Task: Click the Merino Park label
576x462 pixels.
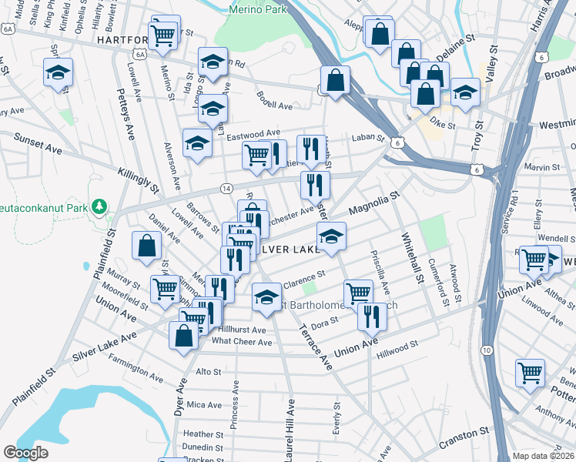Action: (258, 8)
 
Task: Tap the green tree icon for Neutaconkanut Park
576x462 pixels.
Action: (99, 206)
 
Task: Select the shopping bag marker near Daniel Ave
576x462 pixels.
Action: (146, 246)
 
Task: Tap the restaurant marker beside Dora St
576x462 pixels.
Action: (372, 316)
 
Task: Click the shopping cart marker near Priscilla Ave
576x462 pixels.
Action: (358, 293)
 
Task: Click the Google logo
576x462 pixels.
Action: (26, 453)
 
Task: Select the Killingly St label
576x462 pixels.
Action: (138, 180)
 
